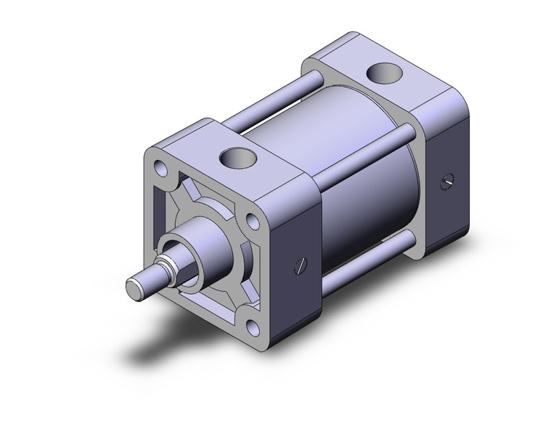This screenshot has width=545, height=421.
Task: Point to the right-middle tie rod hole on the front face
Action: (x=252, y=222)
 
